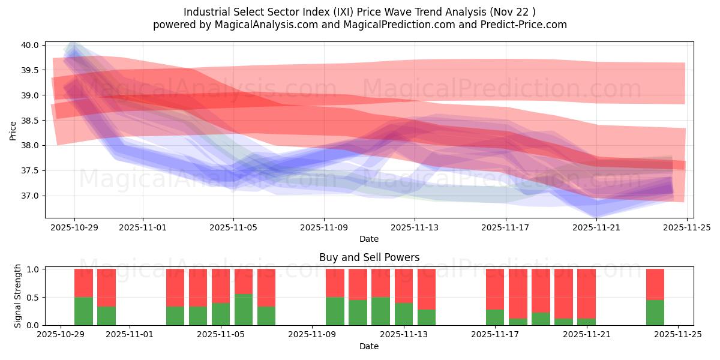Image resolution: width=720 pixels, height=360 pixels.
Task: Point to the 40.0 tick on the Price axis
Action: pos(30,45)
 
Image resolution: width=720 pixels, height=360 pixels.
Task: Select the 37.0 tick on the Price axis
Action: pos(30,196)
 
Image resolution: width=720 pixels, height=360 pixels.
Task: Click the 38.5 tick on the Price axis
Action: pos(30,121)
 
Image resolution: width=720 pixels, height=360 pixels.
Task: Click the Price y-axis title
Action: pos(13,130)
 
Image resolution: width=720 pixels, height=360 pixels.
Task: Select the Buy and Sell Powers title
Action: pos(368,257)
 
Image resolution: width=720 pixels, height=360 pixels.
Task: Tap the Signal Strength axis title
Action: pos(18,296)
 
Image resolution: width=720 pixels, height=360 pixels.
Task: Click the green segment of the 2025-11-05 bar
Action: pos(221,314)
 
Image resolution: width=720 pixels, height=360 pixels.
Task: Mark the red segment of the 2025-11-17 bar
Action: pos(495,289)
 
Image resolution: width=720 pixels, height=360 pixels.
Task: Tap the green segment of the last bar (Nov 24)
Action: pos(655,313)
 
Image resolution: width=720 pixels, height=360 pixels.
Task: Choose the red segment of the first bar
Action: pos(83,283)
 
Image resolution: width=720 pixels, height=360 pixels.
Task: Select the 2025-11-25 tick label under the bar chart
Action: pos(678,334)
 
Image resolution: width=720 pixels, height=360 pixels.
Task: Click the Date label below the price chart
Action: pos(368,239)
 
